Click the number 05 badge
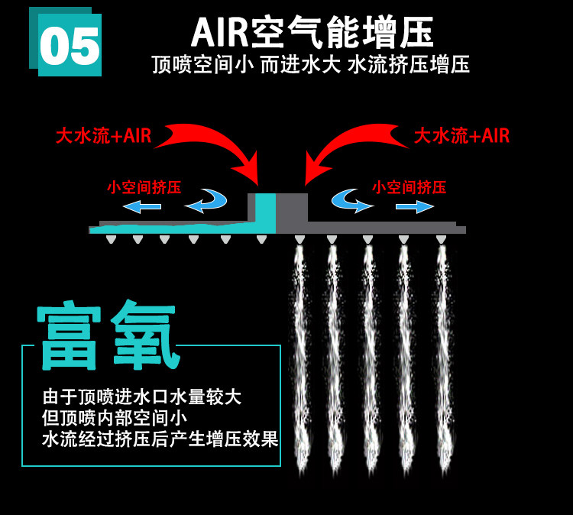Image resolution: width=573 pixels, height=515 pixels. pos(69,44)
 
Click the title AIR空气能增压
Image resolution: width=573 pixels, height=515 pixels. pos(312,33)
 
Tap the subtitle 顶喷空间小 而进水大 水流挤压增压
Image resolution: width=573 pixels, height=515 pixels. pos(310,65)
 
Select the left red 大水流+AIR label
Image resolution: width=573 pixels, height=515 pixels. pos(103,136)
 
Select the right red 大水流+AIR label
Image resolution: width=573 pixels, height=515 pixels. pos(461,136)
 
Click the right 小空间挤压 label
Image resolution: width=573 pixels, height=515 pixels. pos(409,187)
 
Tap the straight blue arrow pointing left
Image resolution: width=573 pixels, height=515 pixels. pos(142,206)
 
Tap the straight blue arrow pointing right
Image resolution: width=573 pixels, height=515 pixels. pos(414,206)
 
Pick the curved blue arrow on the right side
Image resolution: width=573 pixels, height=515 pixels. pos(351,201)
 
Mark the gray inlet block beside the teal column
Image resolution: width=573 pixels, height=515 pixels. pos(292,208)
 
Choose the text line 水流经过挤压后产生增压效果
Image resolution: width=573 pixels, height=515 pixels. pos(160,439)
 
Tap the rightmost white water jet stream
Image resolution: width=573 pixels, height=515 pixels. pos(442,359)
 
